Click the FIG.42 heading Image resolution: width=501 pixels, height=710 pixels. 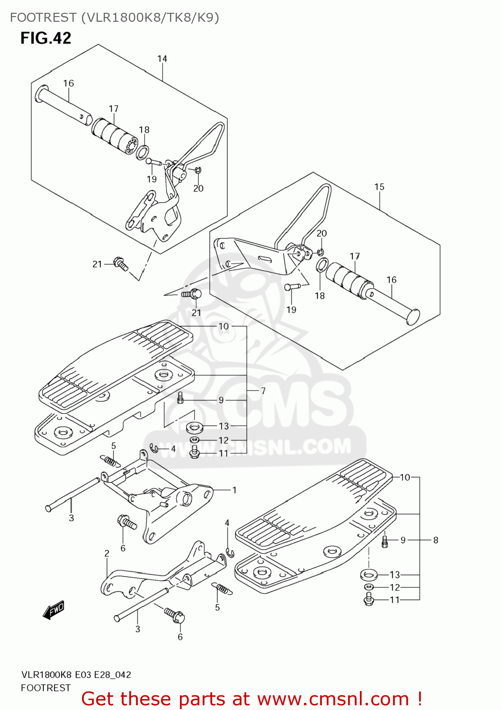coord(45,38)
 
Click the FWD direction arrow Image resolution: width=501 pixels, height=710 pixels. coord(54,610)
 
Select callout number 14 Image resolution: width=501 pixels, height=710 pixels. coord(162,59)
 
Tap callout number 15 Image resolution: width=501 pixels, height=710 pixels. coord(379,187)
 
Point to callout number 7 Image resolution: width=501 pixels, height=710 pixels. coord(263,390)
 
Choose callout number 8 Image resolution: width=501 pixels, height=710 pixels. coord(436,540)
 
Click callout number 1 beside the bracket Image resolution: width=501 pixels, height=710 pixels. coord(234,490)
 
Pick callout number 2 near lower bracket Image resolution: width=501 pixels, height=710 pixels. coord(107,553)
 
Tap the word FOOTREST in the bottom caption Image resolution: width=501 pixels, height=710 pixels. coord(45,688)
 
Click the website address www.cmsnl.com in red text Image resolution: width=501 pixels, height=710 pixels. coord(333,699)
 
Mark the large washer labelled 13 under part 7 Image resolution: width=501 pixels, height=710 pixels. coord(194,428)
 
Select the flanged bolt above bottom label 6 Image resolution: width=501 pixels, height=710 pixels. coord(175,615)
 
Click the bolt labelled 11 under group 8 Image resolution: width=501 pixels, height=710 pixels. coord(369,600)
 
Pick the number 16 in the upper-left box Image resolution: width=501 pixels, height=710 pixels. coord(69,83)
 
